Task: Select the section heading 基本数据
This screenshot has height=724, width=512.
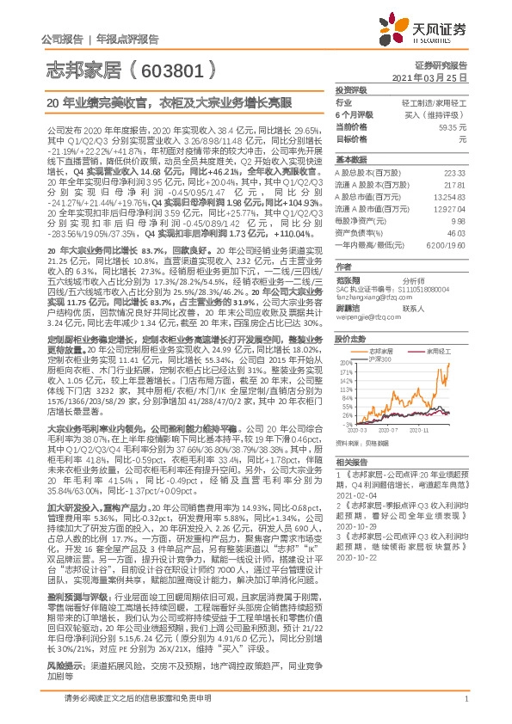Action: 351,161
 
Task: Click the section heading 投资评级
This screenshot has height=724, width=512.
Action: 351,89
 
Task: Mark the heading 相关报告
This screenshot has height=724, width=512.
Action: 351,462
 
